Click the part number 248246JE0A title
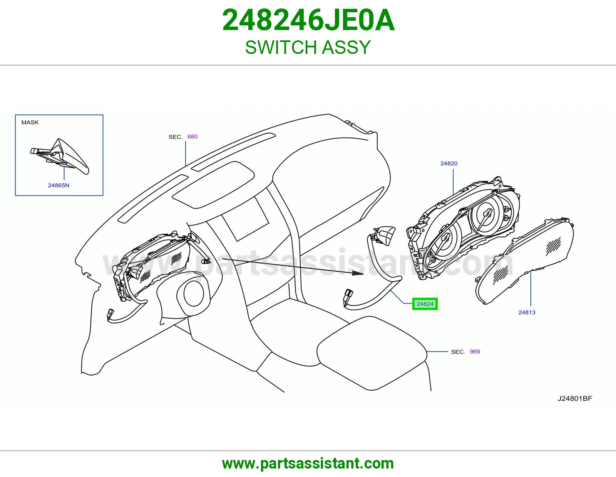[x=308, y=20]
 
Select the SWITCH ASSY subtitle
[x=308, y=47]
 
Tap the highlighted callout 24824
[x=425, y=304]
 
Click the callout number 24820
[x=449, y=163]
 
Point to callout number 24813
[x=527, y=312]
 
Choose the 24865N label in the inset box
[x=59, y=185]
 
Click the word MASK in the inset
[x=30, y=122]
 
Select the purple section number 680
[x=192, y=137]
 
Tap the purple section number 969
[x=475, y=352]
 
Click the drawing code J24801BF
[x=575, y=399]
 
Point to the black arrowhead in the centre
[x=358, y=273]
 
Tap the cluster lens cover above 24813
[x=524, y=260]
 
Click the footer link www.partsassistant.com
[x=308, y=464]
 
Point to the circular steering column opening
[x=194, y=294]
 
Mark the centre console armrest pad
[x=372, y=353]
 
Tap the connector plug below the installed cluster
[x=110, y=315]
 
